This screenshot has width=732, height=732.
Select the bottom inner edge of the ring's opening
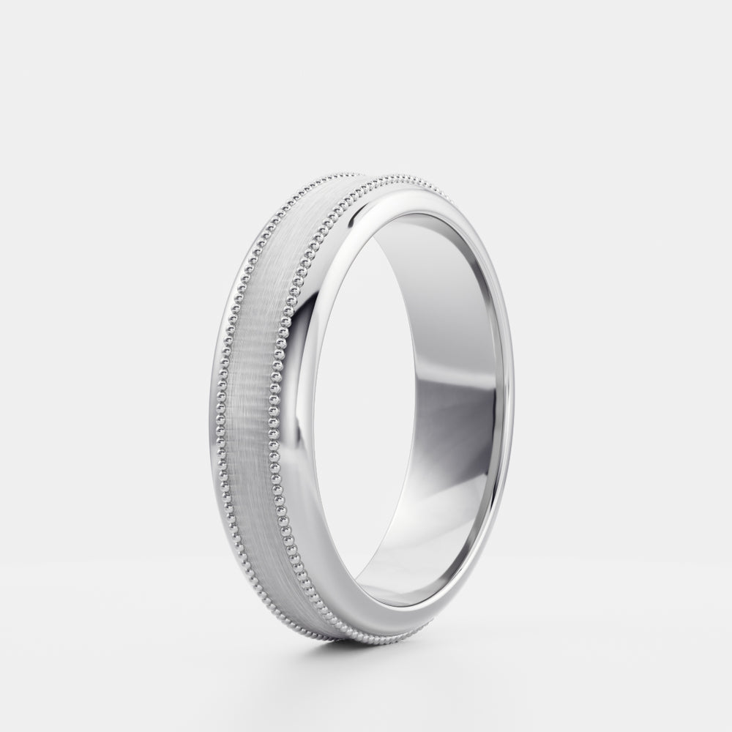[x=410, y=605]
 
